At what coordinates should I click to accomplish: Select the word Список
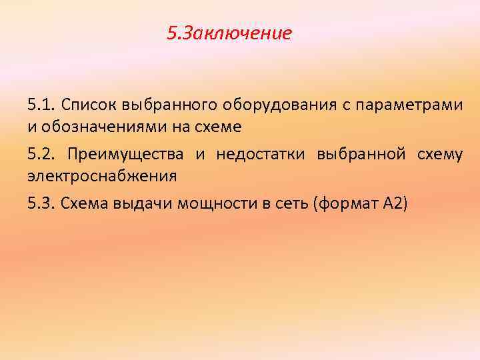[85, 105]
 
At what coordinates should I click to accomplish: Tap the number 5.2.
[42, 155]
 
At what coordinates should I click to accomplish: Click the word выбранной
[361, 155]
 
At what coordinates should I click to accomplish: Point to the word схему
[439, 155]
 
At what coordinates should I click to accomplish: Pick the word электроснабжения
[102, 177]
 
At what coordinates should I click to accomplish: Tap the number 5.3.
[41, 204]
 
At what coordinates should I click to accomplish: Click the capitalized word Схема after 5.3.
[83, 204]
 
